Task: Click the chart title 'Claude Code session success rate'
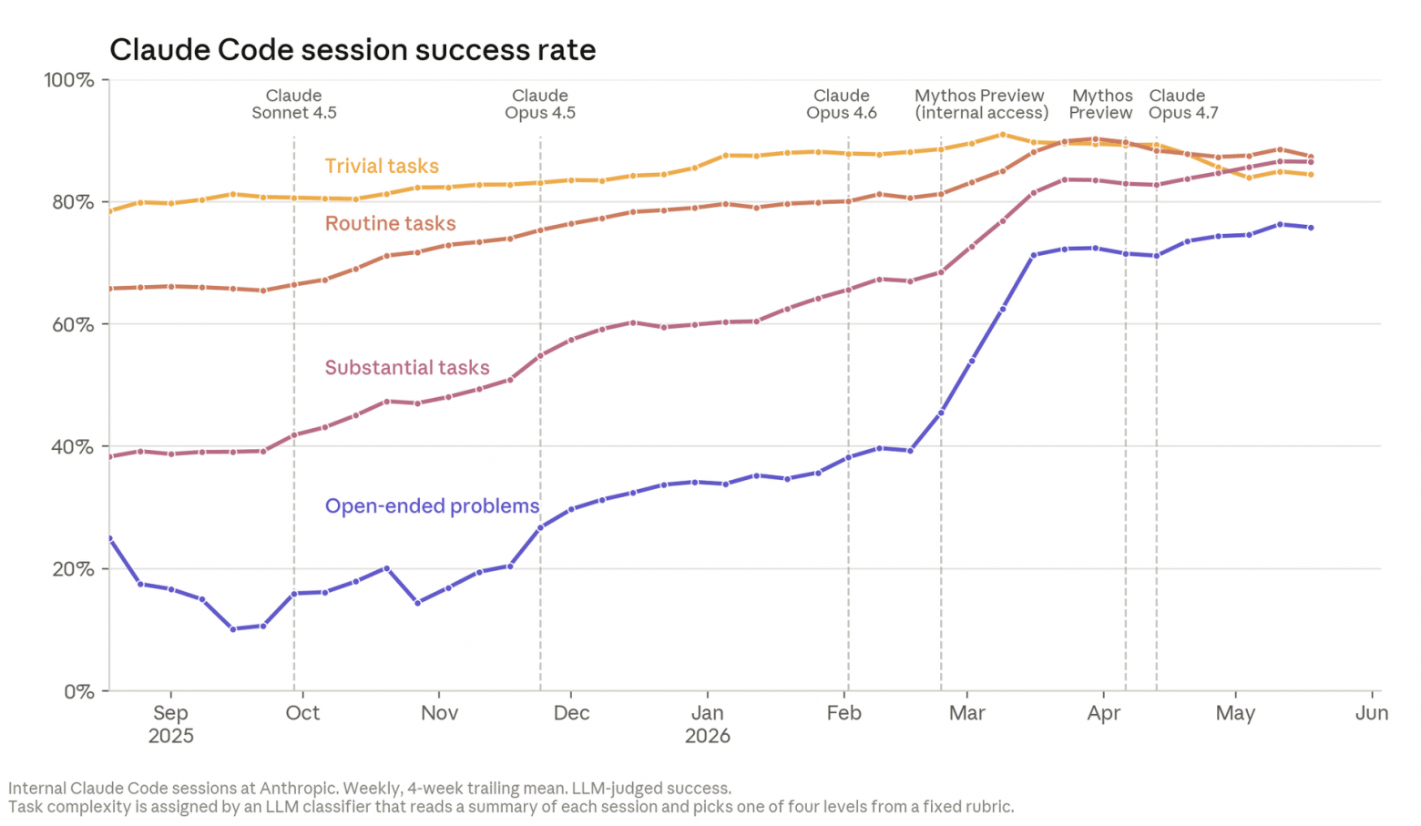[x=353, y=50]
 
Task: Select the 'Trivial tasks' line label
[x=382, y=167]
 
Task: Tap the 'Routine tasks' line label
[x=390, y=223]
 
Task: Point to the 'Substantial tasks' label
[x=407, y=367]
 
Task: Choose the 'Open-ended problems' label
[x=432, y=505]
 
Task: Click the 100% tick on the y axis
[x=69, y=80]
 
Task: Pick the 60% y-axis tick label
[x=73, y=324]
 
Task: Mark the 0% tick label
[x=79, y=691]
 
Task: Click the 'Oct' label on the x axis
[x=302, y=713]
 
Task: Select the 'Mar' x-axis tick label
[x=966, y=713]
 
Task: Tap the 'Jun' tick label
[x=1372, y=713]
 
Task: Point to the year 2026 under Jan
[x=708, y=736]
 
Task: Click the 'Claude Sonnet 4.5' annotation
[x=293, y=104]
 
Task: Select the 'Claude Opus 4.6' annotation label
[x=841, y=104]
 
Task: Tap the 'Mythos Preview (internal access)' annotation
[x=981, y=104]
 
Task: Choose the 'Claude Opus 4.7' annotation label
[x=1183, y=104]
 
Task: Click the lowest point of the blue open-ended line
[x=233, y=629]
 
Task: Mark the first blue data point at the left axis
[x=109, y=538]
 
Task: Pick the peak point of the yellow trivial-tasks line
[x=1002, y=135]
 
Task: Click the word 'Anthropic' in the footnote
[x=298, y=789]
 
